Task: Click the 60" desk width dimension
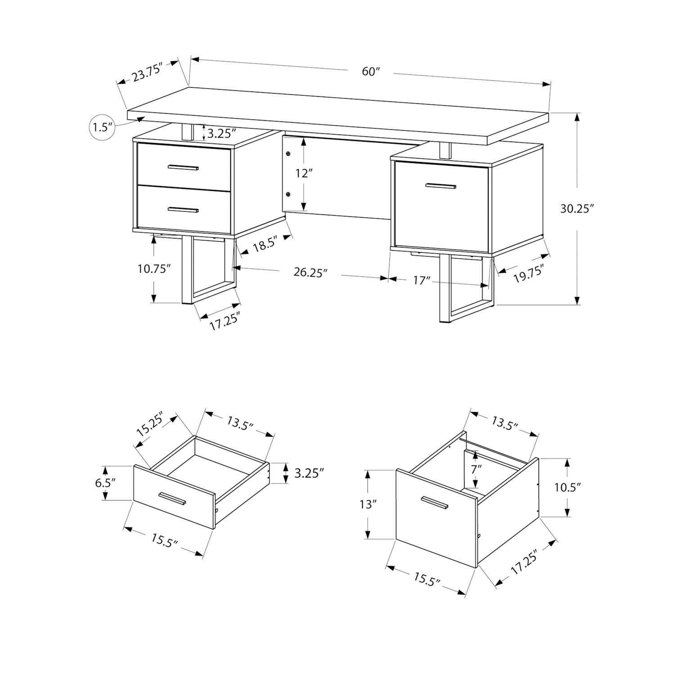pyautogui.click(x=371, y=72)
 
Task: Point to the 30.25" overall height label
pyautogui.click(x=577, y=209)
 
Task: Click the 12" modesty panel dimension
pyautogui.click(x=304, y=173)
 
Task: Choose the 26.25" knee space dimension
pyautogui.click(x=310, y=273)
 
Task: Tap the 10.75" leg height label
pyautogui.click(x=154, y=269)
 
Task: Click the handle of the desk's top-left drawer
pyautogui.click(x=183, y=168)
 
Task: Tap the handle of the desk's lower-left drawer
pyautogui.click(x=183, y=209)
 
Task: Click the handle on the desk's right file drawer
pyautogui.click(x=441, y=185)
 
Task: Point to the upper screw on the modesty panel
pyautogui.click(x=288, y=154)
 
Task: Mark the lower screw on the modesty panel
pyautogui.click(x=288, y=194)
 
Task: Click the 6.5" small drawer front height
pyautogui.click(x=106, y=483)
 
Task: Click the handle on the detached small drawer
pyautogui.click(x=173, y=498)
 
